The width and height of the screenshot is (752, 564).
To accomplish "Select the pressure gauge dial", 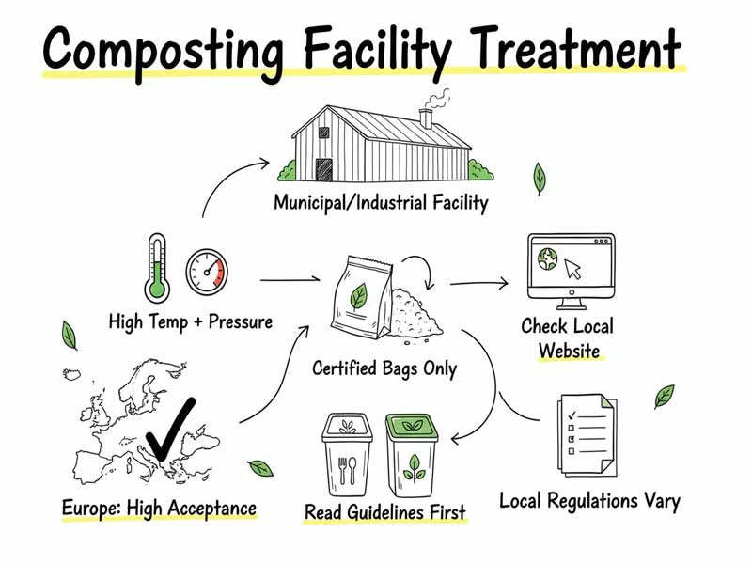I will [x=207, y=270].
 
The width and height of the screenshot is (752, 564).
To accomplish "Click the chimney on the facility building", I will [x=426, y=117].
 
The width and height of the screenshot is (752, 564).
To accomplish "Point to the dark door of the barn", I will [x=324, y=169].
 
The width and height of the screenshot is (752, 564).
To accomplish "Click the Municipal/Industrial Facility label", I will [x=381, y=202].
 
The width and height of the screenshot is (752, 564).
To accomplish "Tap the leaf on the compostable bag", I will [x=358, y=297].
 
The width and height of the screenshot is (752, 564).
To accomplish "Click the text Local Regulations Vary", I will [x=589, y=499].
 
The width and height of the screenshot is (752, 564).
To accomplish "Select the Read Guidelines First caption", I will [x=385, y=513].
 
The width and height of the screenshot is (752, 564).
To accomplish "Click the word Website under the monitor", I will [x=569, y=352].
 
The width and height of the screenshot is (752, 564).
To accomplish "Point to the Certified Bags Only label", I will [x=384, y=368].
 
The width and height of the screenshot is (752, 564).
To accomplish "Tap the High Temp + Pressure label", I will [x=191, y=322].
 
